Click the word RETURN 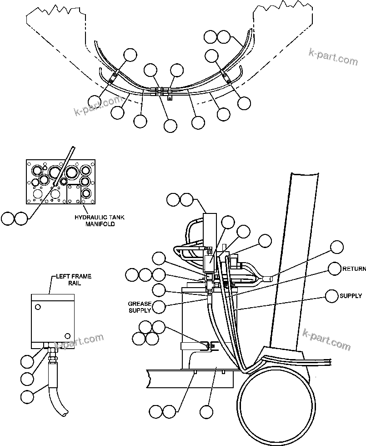pyautogui.click(x=354, y=269)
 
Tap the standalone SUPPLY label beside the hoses pyautogui.click(x=351, y=296)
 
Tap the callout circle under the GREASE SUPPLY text pyautogui.click(x=159, y=308)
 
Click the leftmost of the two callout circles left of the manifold pyautogui.click(x=8, y=218)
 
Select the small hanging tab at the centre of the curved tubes pyautogui.click(x=170, y=97)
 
